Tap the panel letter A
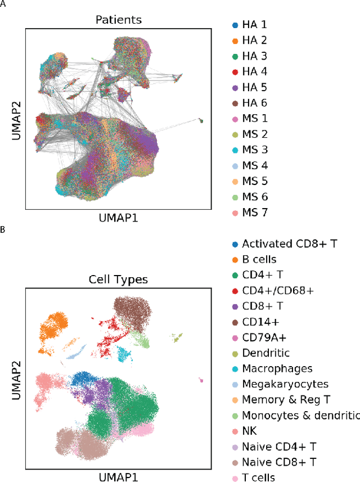(3, 4)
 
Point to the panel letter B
(3, 230)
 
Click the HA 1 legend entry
(254, 25)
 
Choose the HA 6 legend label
(254, 103)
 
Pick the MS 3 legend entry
(254, 150)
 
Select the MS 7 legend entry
(254, 213)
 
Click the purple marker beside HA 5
(235, 88)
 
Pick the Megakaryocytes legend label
(285, 384)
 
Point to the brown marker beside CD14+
(235, 322)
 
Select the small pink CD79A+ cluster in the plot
(201, 381)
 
